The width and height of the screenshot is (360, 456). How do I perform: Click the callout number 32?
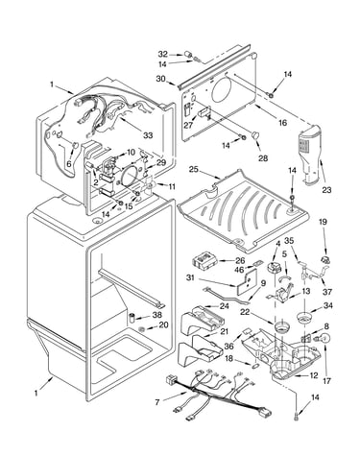163,54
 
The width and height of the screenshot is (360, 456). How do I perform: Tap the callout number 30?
161,79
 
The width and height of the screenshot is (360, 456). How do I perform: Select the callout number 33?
148,135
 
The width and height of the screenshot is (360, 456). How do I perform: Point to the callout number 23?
326,190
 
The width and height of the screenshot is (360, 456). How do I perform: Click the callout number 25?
194,169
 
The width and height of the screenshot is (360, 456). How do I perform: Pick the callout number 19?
323,222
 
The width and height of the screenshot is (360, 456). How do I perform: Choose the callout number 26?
240,260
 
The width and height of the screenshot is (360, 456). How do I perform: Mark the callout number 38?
157,315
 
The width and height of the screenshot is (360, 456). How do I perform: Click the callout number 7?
157,402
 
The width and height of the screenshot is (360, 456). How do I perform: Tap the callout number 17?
326,381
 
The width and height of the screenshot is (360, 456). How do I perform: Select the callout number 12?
314,375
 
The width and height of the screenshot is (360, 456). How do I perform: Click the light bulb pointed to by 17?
324,338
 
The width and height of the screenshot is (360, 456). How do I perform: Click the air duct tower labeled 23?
309,155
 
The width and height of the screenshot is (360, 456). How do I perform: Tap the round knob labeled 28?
254,135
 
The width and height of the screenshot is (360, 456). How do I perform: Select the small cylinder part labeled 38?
132,318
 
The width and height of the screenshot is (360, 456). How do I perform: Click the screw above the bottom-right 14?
295,417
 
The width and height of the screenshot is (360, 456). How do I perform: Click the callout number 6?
69,163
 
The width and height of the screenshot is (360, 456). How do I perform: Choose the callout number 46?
240,270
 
